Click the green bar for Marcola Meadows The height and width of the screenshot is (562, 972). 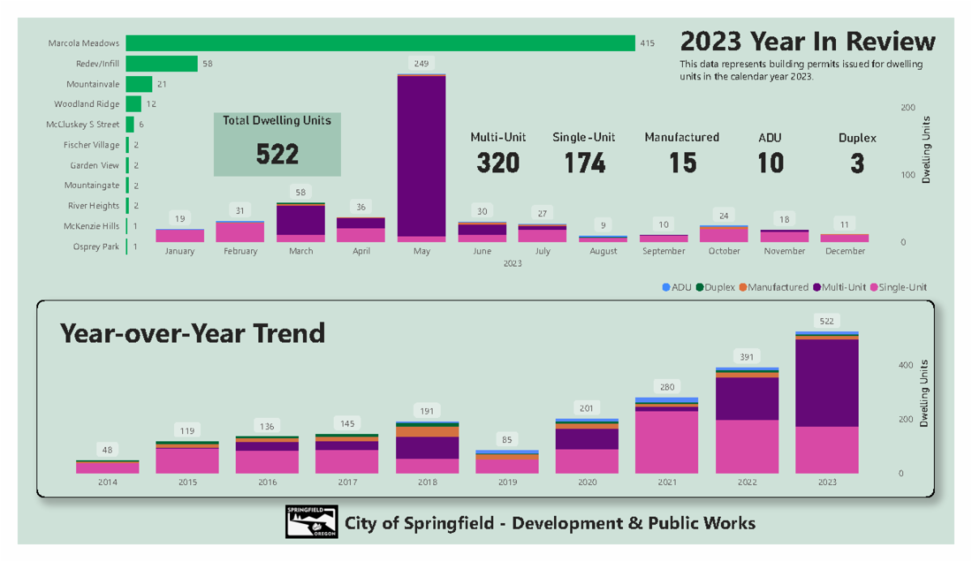click(x=380, y=43)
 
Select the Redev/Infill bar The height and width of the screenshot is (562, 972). click(x=161, y=63)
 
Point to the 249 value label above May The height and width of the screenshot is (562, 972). click(x=421, y=63)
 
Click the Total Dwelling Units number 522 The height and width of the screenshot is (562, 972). click(x=277, y=154)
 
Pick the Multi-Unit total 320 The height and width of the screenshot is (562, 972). click(x=498, y=163)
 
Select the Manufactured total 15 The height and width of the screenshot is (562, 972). click(x=682, y=163)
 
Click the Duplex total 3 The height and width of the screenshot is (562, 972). click(x=857, y=163)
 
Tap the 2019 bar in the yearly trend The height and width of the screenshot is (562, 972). click(x=507, y=462)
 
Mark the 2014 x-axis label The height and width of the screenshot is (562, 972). click(x=108, y=483)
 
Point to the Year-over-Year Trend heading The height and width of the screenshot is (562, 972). click(x=193, y=333)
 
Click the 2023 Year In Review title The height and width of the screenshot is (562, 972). click(x=807, y=41)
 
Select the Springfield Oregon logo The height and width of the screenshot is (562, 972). click(x=311, y=522)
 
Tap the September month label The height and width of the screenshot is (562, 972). click(x=663, y=251)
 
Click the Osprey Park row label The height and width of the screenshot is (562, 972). click(x=96, y=246)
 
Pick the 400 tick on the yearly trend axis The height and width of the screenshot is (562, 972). click(x=905, y=365)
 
